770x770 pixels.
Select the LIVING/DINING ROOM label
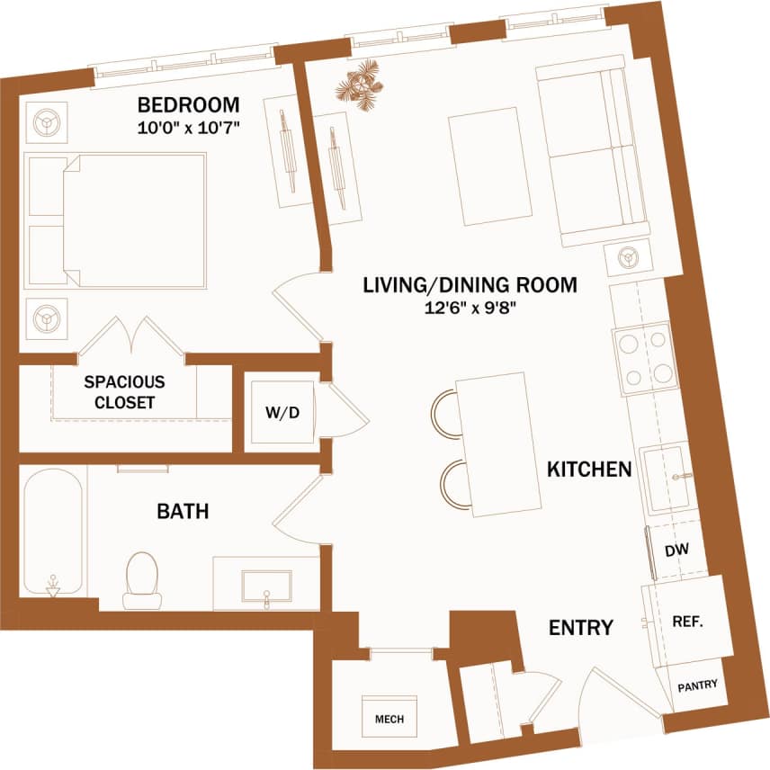[x=469, y=286]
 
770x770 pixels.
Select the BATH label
[x=183, y=512]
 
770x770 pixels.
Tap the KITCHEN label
[x=589, y=469]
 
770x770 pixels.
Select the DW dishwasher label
[x=676, y=551]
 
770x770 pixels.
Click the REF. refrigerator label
[x=687, y=622]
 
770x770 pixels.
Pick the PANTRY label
[x=697, y=685]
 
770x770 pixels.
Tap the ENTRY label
[x=581, y=627]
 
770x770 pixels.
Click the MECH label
[x=389, y=719]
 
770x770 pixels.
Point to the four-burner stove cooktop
[x=643, y=357]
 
